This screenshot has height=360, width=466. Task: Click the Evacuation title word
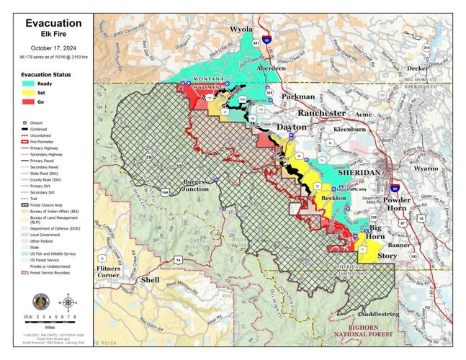pos(47,22)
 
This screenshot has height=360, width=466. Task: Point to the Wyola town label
pos(241,30)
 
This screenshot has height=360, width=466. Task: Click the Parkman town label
pos(297,96)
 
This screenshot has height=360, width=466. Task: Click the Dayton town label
pos(292,127)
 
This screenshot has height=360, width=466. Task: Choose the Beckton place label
pos(333,197)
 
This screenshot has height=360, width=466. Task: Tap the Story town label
pos(387,256)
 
